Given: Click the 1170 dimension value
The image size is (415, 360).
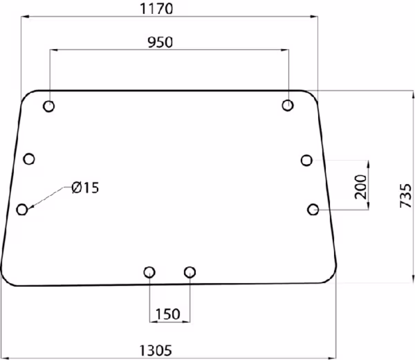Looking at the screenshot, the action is pos(156,9).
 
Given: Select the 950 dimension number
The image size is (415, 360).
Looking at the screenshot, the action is pos(160,42).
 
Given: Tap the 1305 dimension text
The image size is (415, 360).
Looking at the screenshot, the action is pos(156,350).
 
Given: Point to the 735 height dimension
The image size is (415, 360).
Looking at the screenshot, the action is pos(406,195).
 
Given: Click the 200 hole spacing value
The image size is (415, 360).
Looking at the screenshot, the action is pos(361,187).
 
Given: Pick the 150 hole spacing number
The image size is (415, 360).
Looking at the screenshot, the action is pos(168,314).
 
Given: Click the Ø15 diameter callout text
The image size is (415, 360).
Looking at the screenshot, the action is pos(85,188).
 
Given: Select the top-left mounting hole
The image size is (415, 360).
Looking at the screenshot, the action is pos(48,106).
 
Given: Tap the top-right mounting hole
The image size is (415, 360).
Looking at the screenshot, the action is pos(288,105).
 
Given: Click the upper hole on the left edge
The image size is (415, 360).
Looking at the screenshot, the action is pos(29,159).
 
